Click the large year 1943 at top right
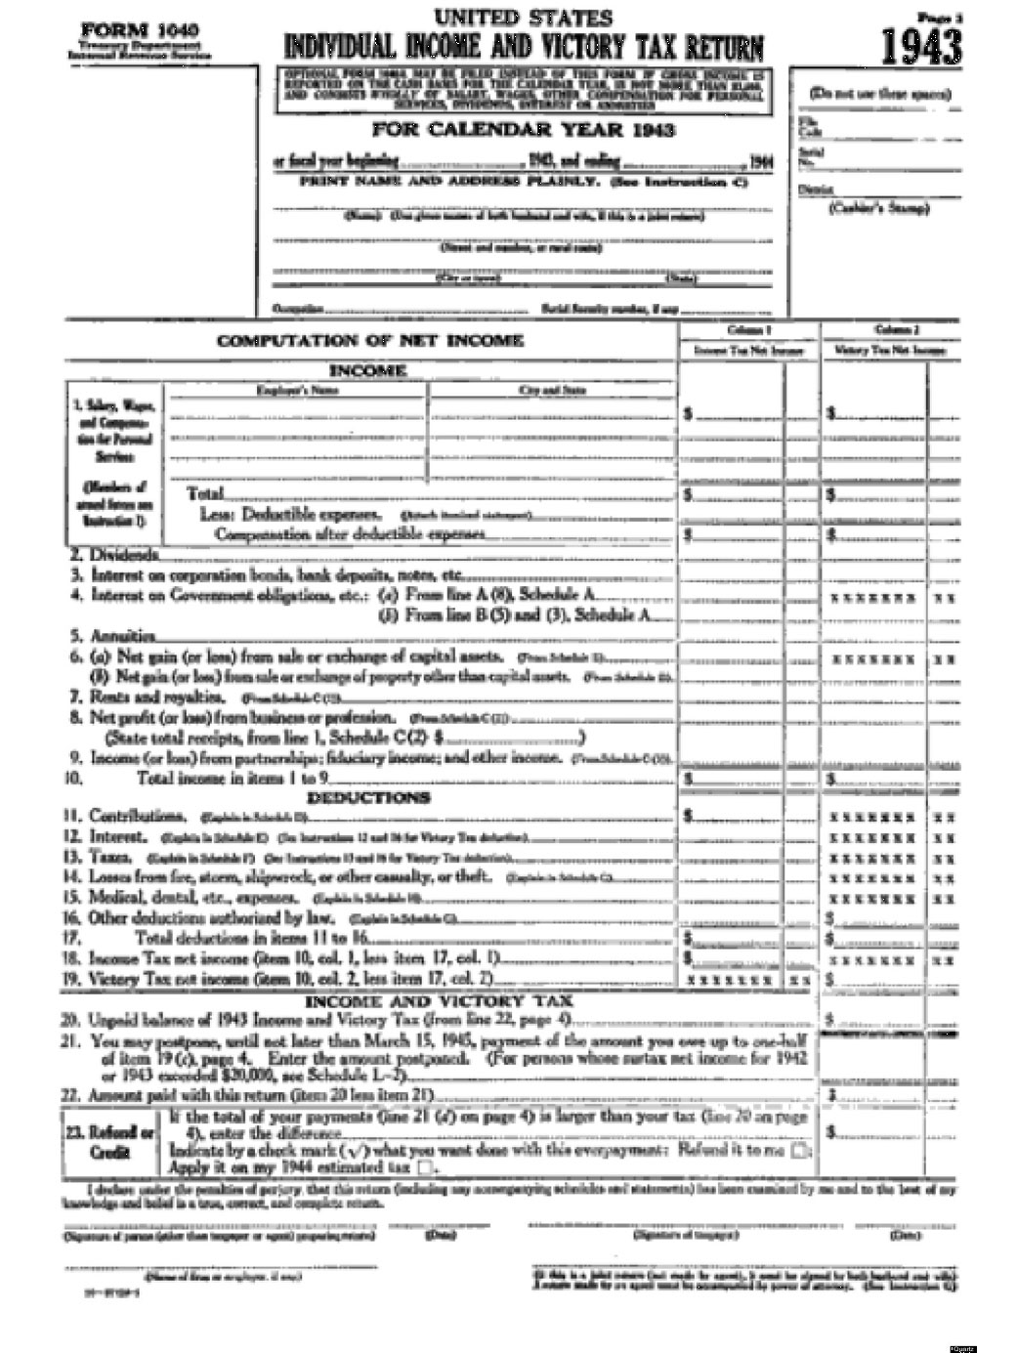pyautogui.click(x=920, y=46)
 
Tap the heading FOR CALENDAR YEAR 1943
pyautogui.click(x=523, y=130)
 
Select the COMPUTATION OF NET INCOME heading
pyautogui.click(x=370, y=341)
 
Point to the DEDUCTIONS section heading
pyautogui.click(x=368, y=797)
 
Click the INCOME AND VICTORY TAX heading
pyautogui.click(x=439, y=1001)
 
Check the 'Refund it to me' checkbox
pyautogui.click(x=801, y=1151)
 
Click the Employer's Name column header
pyautogui.click(x=297, y=390)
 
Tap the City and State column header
pyautogui.click(x=552, y=390)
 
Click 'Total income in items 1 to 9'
pyautogui.click(x=233, y=779)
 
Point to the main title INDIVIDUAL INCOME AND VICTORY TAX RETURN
pyautogui.click(x=524, y=46)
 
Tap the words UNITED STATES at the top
pyautogui.click(x=524, y=17)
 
